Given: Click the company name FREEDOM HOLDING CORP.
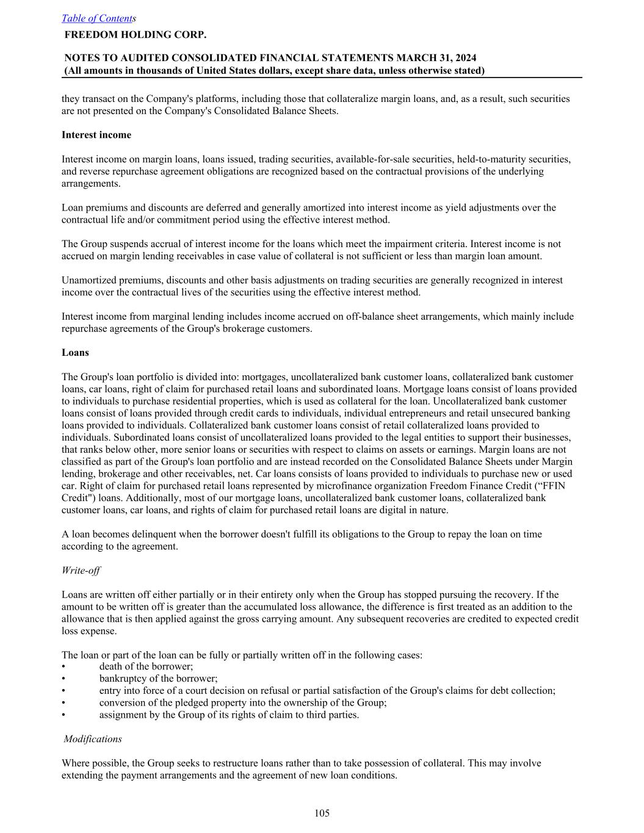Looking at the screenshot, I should coord(136,35).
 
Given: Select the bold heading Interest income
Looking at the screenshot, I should coord(96,135).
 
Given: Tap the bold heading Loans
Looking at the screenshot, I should coord(75,353).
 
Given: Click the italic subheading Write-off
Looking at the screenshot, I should coord(81,571).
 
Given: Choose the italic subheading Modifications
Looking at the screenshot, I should coord(93,739).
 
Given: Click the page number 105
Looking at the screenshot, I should coord(322,813).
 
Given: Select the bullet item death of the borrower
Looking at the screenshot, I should coord(146,666).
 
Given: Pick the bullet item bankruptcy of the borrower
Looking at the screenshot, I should coord(158,679).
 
